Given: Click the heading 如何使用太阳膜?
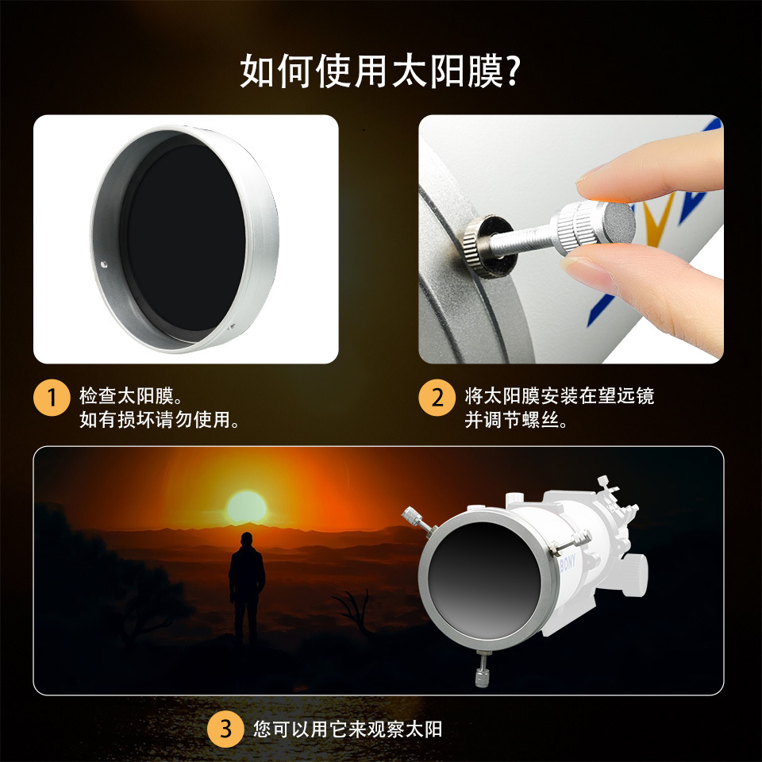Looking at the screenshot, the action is point(380,71).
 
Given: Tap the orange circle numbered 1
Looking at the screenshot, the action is point(52,398).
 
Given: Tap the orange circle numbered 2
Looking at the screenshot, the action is point(437,398).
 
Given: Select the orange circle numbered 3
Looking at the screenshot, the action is point(225,729).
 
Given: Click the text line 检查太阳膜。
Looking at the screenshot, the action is point(131,396).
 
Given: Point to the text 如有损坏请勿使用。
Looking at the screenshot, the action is point(160,419).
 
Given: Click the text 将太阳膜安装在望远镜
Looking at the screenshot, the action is point(560,396).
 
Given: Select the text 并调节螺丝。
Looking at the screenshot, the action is point(516,419).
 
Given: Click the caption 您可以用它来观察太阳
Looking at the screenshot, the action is point(348,729).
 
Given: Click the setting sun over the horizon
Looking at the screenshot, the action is point(247,507).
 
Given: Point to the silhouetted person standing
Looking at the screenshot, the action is point(247,588).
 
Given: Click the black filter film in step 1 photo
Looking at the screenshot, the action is point(186,238).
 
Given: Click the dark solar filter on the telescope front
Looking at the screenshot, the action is point(484,579).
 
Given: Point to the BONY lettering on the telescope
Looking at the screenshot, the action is point(567,563).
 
